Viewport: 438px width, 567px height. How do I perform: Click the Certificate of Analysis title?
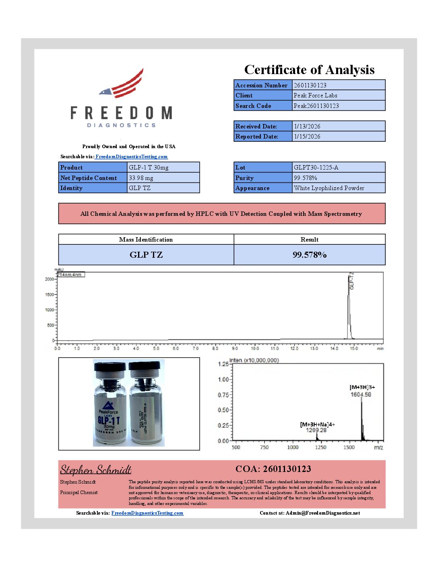click(309, 70)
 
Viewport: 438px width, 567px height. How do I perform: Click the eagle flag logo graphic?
click(122, 85)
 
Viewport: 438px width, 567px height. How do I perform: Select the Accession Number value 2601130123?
click(310, 85)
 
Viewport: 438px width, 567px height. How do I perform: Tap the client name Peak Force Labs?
click(315, 95)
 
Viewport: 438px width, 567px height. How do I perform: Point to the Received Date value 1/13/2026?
click(307, 126)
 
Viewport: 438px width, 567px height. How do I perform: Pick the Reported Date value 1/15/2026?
click(307, 137)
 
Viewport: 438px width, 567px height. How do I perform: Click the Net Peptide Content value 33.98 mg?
click(141, 178)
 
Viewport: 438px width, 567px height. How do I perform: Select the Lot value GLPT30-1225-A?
click(316, 168)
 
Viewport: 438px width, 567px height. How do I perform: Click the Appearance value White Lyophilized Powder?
click(329, 188)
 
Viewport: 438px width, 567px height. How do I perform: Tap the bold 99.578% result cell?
click(309, 255)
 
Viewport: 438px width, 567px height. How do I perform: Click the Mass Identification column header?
click(146, 240)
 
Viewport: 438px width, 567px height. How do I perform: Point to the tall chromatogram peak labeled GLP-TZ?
click(349, 306)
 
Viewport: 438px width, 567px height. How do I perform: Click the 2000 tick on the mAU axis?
click(50, 279)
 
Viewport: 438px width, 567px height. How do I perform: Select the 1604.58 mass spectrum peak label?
click(361, 395)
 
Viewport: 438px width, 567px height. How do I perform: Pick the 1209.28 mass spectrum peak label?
click(316, 430)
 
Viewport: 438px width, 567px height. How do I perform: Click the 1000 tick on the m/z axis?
click(293, 447)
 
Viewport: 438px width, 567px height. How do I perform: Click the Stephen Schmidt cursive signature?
click(96, 470)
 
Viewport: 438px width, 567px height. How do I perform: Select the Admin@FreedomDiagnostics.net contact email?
click(323, 513)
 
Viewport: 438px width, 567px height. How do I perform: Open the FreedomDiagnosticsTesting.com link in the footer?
click(147, 513)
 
